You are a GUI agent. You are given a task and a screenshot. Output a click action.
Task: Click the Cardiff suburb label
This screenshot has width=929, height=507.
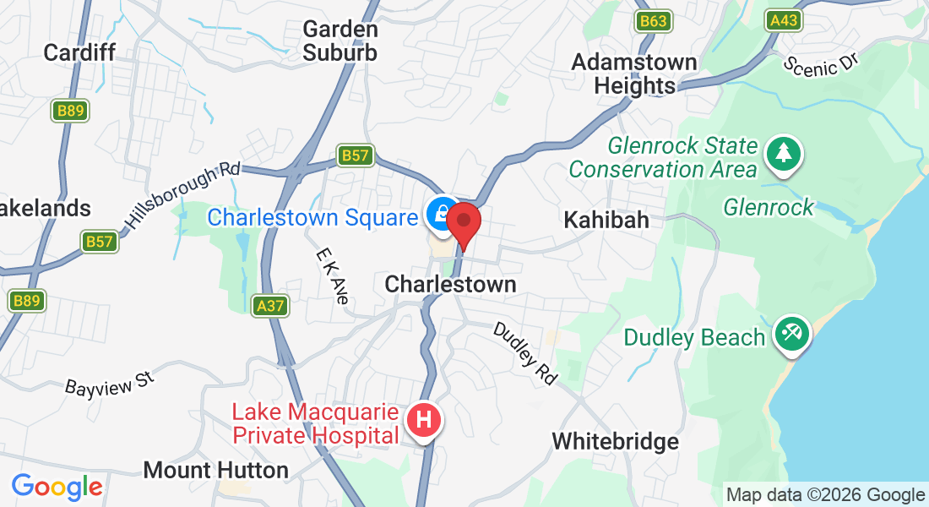[x=79, y=52]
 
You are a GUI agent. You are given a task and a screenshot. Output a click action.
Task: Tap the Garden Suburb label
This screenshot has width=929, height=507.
[x=340, y=41]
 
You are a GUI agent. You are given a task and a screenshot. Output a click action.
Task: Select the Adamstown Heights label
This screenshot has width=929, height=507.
[x=634, y=74]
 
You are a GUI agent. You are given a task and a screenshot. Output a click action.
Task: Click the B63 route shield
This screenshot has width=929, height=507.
[x=655, y=21]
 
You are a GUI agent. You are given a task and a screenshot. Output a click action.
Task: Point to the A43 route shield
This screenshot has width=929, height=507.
[x=783, y=21]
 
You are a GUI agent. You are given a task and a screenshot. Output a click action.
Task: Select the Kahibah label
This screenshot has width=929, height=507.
[x=607, y=220]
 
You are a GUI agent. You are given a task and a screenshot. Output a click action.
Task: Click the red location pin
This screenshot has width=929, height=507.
[x=464, y=223]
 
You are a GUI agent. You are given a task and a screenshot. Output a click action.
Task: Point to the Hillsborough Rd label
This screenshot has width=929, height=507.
[x=182, y=197]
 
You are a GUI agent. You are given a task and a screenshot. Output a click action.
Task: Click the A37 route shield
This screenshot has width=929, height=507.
[x=270, y=305]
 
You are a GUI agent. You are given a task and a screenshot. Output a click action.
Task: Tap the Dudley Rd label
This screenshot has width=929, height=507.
[x=524, y=353]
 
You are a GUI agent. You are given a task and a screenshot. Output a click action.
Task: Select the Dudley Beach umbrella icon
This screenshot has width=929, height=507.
[x=792, y=333]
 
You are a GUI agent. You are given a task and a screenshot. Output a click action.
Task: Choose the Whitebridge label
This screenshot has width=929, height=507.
[x=615, y=441]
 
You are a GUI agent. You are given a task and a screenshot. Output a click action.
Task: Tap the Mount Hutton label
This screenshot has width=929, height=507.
[x=216, y=470]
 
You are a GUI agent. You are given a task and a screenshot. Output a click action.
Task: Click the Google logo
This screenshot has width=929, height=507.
[x=57, y=487]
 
